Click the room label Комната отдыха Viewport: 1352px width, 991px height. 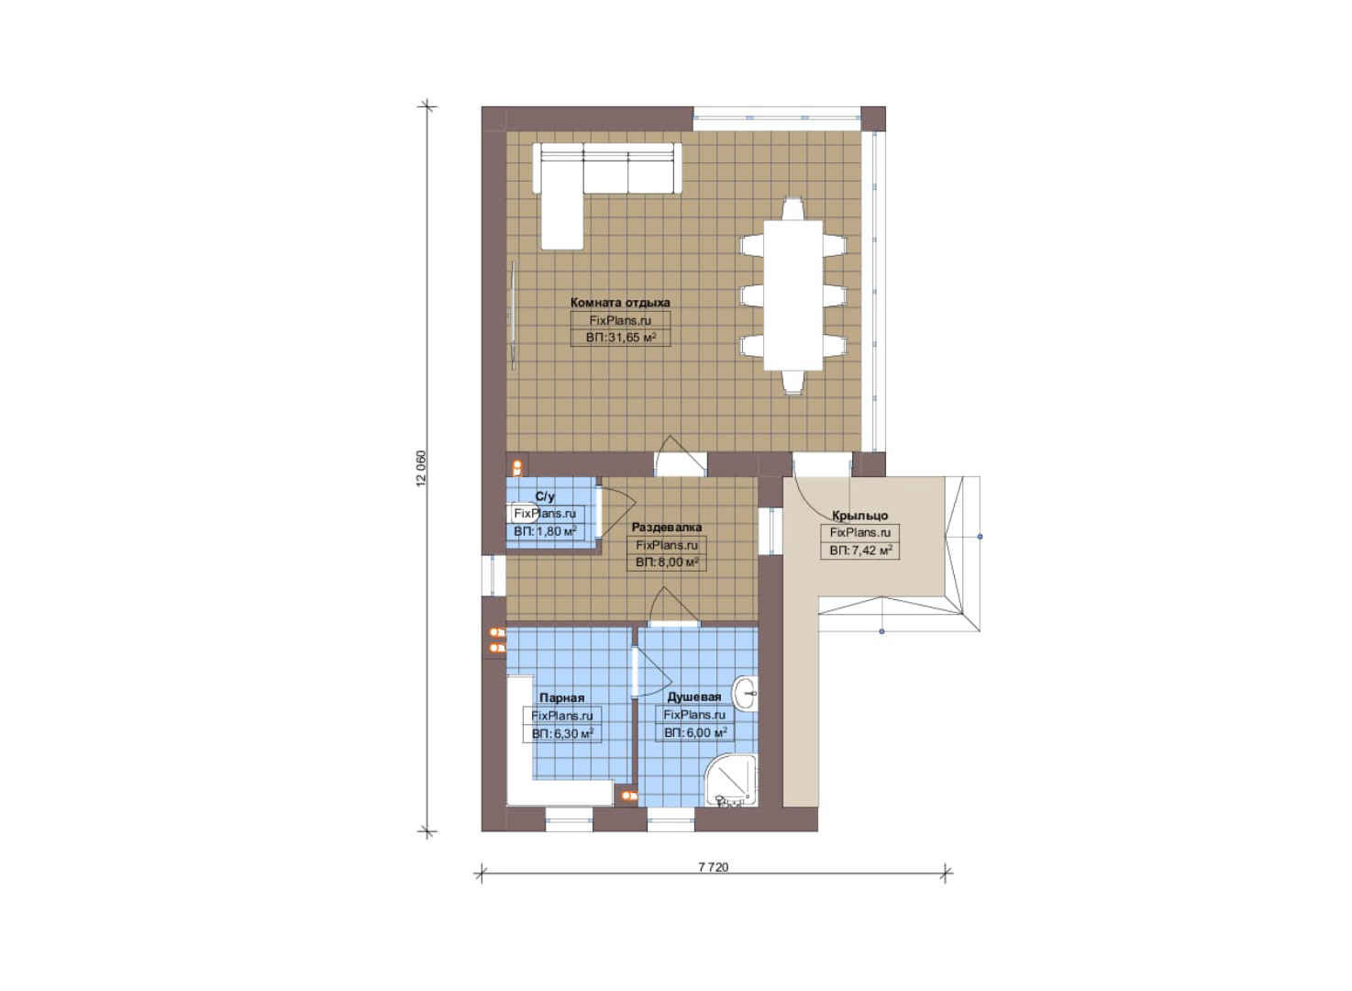pos(620,303)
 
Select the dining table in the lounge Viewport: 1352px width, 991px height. pos(793,295)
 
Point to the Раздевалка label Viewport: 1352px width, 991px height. pos(666,528)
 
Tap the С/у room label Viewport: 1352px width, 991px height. pos(545,496)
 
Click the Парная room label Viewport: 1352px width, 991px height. pos(561,698)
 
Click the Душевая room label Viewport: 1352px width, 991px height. pos(694,697)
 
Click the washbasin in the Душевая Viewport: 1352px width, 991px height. pos(746,694)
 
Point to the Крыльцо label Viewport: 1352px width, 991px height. pos(859,516)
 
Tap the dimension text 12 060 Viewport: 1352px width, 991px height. pos(421,468)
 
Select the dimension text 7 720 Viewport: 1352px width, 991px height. pos(713,867)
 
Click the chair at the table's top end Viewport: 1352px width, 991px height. pos(792,208)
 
